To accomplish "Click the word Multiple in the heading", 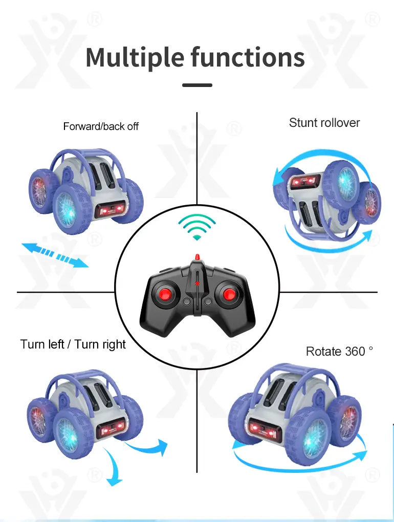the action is point(135,57).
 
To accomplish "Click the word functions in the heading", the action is point(248,57).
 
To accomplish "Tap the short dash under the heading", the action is point(197,85).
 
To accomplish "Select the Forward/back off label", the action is point(101,126).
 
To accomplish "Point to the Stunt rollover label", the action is point(324,122).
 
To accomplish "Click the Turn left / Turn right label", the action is point(73,344).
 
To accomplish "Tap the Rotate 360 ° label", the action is point(339,351).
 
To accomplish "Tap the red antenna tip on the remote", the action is point(197,257).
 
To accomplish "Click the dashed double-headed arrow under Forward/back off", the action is point(55,255).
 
